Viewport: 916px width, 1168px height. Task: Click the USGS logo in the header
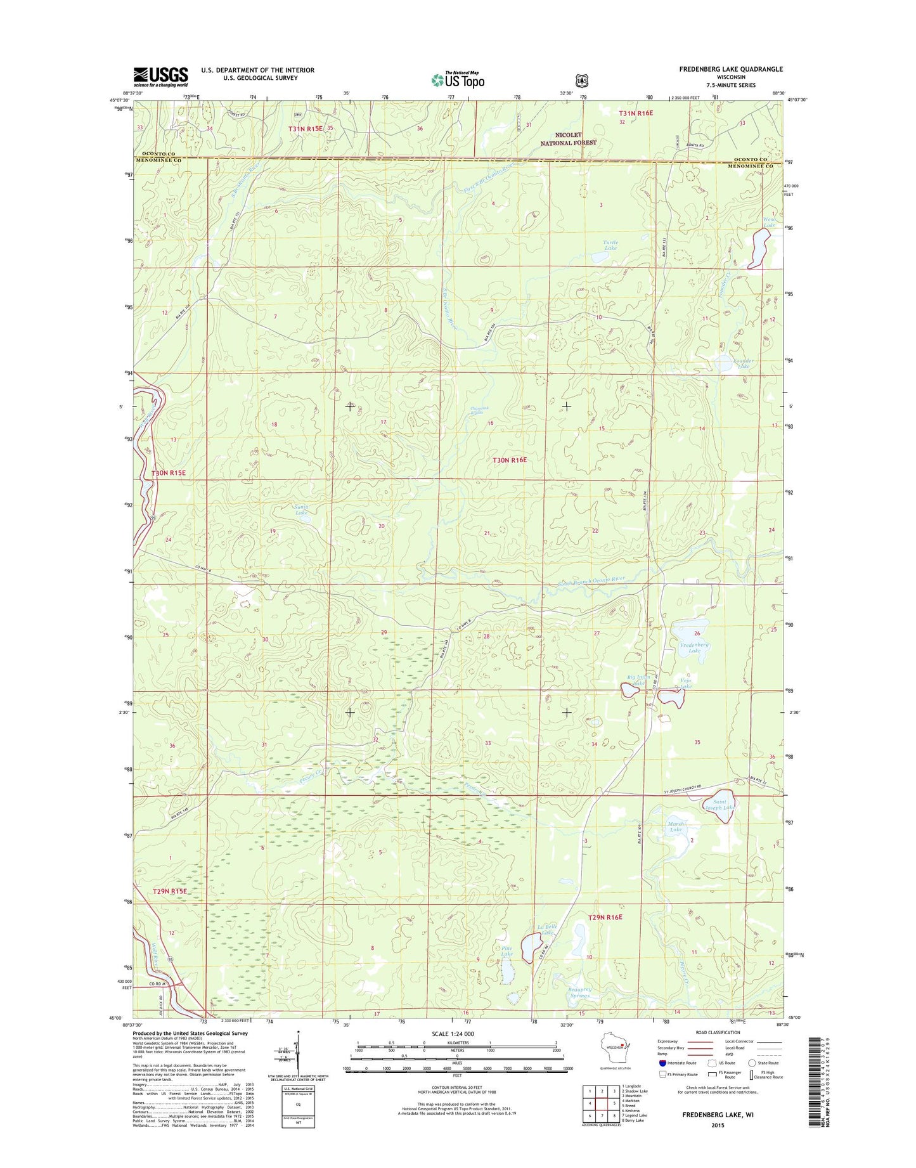click(160, 77)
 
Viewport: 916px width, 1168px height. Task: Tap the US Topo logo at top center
click(458, 79)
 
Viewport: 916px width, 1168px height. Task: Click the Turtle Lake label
click(610, 245)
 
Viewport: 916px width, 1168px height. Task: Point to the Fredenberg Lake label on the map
click(694, 648)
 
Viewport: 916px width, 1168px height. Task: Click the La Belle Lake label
click(546, 930)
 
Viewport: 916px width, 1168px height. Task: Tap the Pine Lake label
click(506, 951)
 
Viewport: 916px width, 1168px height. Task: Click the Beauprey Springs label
click(579, 992)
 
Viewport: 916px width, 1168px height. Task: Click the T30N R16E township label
click(510, 460)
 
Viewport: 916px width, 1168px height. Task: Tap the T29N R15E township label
click(171, 891)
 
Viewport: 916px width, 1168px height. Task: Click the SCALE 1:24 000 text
click(453, 1034)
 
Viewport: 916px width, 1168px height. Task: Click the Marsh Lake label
click(676, 827)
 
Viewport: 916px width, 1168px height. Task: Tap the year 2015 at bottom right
click(717, 1125)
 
